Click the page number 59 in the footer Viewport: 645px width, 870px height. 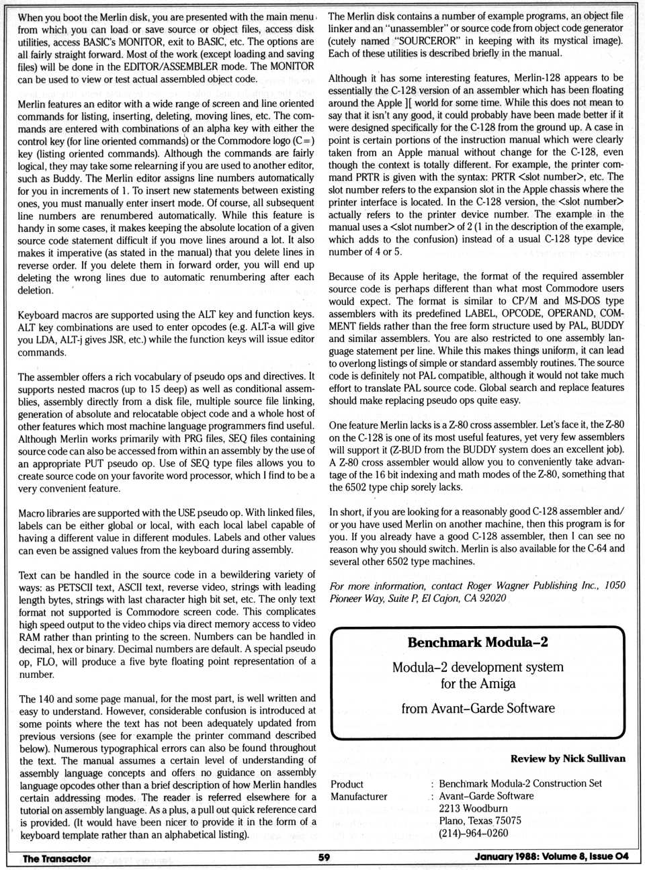[324, 857]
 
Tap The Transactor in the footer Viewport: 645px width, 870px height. [56, 858]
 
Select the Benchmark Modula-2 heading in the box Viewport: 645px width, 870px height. [477, 642]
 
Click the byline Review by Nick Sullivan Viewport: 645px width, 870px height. [568, 758]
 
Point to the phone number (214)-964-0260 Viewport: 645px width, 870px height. [473, 833]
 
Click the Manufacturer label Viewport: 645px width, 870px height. [359, 796]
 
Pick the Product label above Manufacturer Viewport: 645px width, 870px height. [347, 784]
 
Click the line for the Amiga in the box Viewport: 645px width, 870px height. [478, 684]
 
